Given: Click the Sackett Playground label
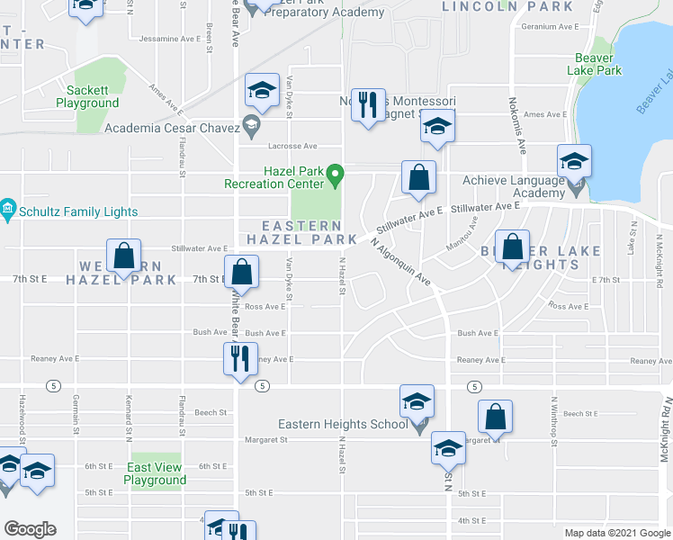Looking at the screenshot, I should (x=87, y=96).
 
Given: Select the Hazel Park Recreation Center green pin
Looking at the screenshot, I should (x=335, y=172).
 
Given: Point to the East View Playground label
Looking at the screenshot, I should (x=156, y=473).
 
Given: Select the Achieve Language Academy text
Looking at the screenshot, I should (x=513, y=186).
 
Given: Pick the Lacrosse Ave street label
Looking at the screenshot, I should (x=293, y=146).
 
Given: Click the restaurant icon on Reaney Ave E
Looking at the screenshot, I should (x=240, y=358).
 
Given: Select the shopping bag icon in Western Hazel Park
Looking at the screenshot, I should (x=124, y=255).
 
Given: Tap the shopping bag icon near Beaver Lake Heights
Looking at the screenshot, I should (x=512, y=247).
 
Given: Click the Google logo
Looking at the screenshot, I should (x=31, y=529).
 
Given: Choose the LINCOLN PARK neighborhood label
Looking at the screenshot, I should (x=507, y=6).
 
